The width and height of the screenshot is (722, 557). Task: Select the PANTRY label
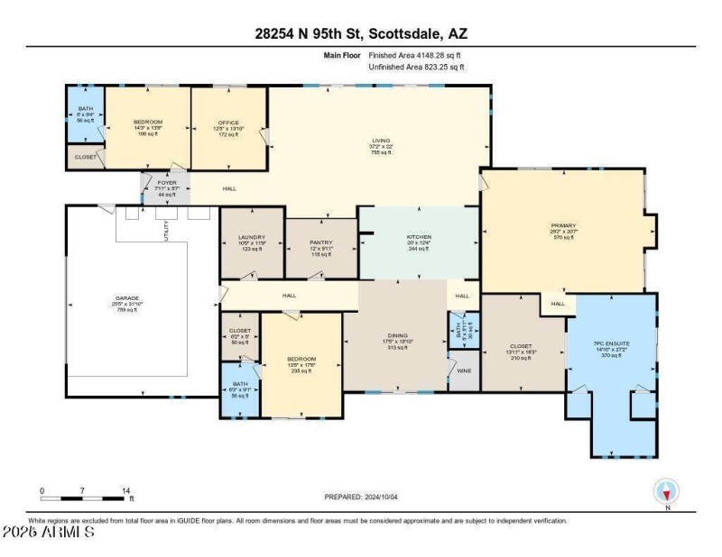(x=321, y=242)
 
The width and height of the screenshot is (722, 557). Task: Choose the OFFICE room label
(x=228, y=122)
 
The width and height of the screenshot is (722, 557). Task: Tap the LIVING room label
(x=381, y=141)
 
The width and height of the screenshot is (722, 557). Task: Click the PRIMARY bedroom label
(x=563, y=226)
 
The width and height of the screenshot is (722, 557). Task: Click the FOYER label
(x=167, y=182)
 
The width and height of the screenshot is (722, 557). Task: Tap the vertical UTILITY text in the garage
(x=166, y=230)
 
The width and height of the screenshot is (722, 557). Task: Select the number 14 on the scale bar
(x=126, y=491)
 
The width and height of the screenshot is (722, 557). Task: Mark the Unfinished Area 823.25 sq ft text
(x=416, y=68)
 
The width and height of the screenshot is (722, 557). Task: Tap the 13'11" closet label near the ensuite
(x=521, y=346)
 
